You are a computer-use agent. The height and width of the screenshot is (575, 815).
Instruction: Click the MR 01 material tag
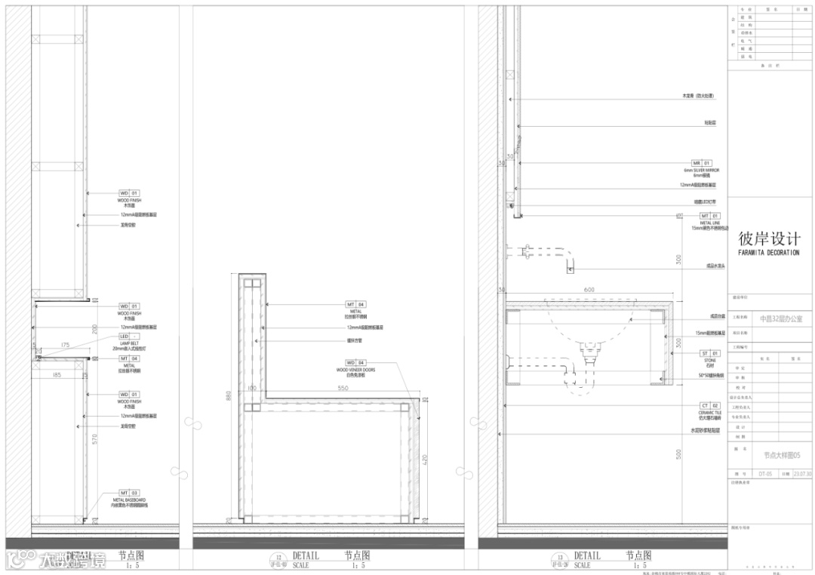pyautogui.click(x=701, y=163)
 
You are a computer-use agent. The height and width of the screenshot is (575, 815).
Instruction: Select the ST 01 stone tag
pyautogui.click(x=709, y=352)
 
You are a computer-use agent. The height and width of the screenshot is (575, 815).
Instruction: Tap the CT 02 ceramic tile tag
pyautogui.click(x=709, y=405)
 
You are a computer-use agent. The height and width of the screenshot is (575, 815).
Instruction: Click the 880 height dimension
pyautogui.click(x=228, y=398)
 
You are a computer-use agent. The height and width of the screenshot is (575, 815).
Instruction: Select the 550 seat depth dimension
pyautogui.click(x=343, y=389)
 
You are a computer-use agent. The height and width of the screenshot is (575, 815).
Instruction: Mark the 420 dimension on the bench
pyautogui.click(x=424, y=458)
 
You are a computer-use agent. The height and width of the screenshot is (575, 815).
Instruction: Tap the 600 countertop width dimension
pyautogui.click(x=589, y=290)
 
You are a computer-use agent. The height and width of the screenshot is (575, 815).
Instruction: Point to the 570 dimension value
pyautogui.click(x=94, y=439)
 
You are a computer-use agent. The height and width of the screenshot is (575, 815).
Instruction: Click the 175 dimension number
pyautogui.click(x=65, y=345)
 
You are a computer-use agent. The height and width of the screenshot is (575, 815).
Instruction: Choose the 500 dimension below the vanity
pyautogui.click(x=678, y=454)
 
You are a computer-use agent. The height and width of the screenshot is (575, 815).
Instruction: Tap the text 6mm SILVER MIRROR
pyautogui.click(x=701, y=171)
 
